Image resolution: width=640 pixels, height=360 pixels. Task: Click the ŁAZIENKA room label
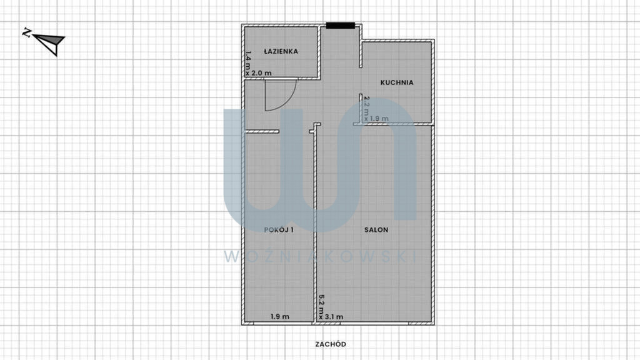pyautogui.click(x=281, y=51)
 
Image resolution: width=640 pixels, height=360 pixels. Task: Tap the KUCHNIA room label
pyautogui.click(x=397, y=82)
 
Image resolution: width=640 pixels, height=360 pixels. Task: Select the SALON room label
pyautogui.click(x=376, y=230)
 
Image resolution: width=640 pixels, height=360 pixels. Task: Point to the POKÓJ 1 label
pyautogui.click(x=279, y=230)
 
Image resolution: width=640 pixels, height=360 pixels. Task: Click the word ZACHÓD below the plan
pyautogui.click(x=331, y=344)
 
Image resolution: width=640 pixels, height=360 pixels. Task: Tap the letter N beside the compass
pyautogui.click(x=26, y=32)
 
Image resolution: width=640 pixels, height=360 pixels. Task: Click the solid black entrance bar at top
pyautogui.click(x=341, y=26)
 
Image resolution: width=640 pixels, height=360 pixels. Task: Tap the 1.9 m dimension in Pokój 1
pyautogui.click(x=280, y=317)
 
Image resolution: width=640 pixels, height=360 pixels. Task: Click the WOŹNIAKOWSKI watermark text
pyautogui.click(x=321, y=256)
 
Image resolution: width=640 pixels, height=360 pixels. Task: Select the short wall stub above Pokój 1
pyautogui.click(x=262, y=131)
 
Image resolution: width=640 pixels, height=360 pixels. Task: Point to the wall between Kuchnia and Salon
pyautogui.click(x=393, y=124)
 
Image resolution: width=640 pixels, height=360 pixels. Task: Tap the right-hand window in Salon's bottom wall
pyautogui.click(x=419, y=324)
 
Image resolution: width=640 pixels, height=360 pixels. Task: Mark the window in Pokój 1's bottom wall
pyautogui.click(x=249, y=324)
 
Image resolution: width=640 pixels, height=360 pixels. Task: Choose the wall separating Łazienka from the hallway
pyautogui.click(x=282, y=78)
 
